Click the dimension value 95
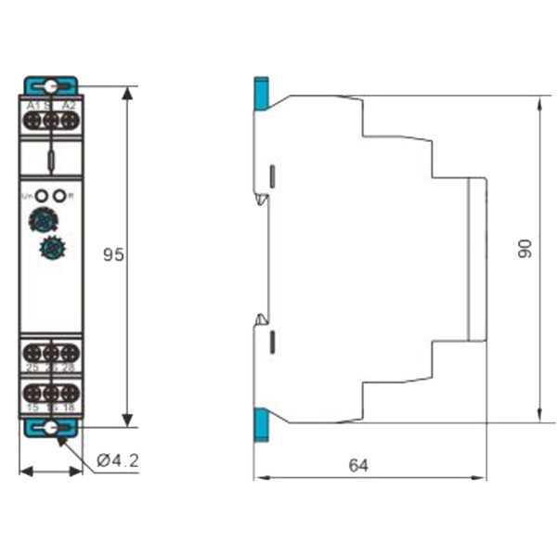[113, 254]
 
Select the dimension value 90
[525, 249]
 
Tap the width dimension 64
[357, 465]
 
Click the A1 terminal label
[33, 107]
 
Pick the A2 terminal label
[68, 107]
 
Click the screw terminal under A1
[33, 120]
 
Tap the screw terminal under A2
[68, 120]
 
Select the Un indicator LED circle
[42, 195]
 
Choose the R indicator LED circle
[60, 195]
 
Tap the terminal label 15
[33, 407]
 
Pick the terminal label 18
[68, 407]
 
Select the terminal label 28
[68, 368]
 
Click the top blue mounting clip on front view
[51, 85]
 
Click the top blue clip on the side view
[261, 94]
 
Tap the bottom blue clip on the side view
[261, 423]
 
